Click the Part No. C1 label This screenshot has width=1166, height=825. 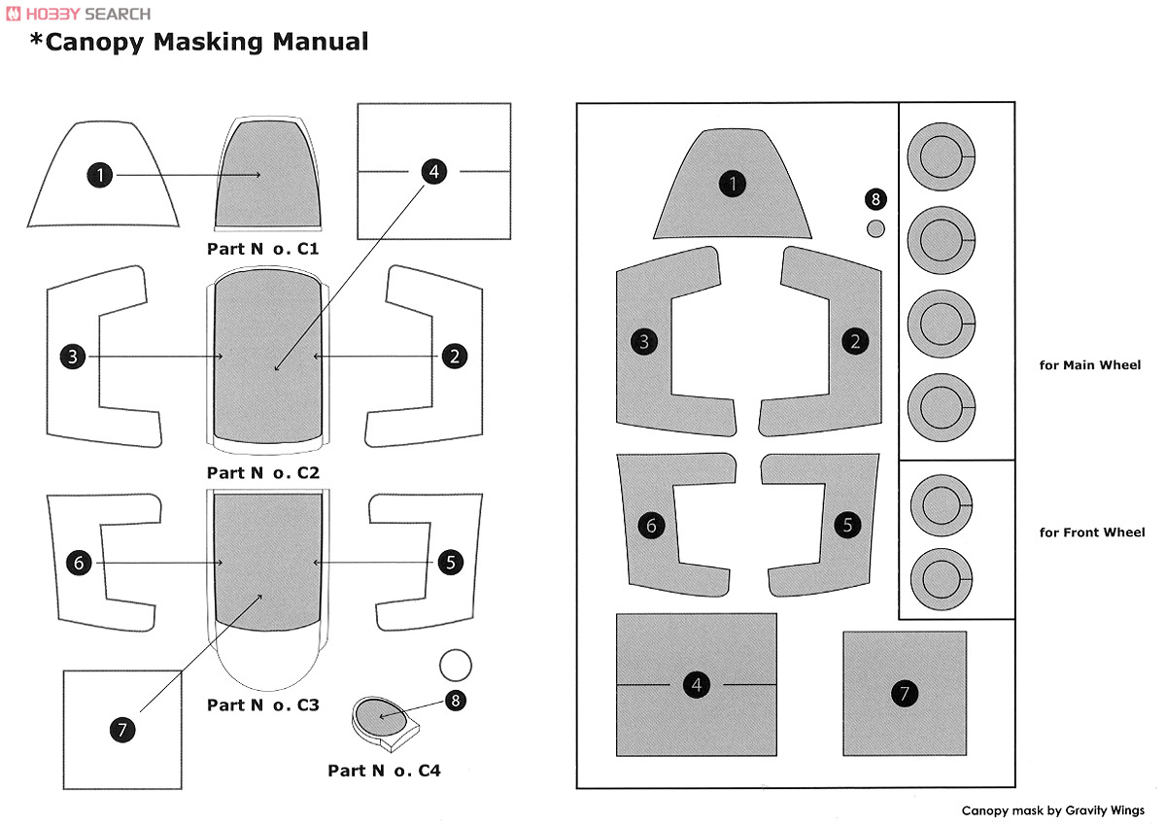pos(263,249)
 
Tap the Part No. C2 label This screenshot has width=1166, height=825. pos(263,472)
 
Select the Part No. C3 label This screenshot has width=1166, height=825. pos(263,705)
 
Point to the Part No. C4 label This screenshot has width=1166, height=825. pos(384,771)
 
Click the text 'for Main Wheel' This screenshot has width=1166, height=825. pos(1089,364)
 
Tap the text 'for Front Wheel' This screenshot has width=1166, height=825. pos(1091,533)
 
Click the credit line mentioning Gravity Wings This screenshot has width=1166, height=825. pos(1052,810)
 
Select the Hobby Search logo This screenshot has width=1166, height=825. pos(79,14)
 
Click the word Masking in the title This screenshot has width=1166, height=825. pos(208,43)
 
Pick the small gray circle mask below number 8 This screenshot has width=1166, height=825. pos(875,228)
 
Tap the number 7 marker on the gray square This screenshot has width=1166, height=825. pos(905,693)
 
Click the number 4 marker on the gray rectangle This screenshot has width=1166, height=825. pos(697,684)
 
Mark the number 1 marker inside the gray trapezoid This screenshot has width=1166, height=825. pos(733,184)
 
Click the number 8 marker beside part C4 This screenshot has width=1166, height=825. pos(456,701)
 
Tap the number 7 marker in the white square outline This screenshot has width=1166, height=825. pos(122,730)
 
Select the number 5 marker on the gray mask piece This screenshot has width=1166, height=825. pos(847,525)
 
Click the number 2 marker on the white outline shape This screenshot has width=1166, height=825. pos(455,357)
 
